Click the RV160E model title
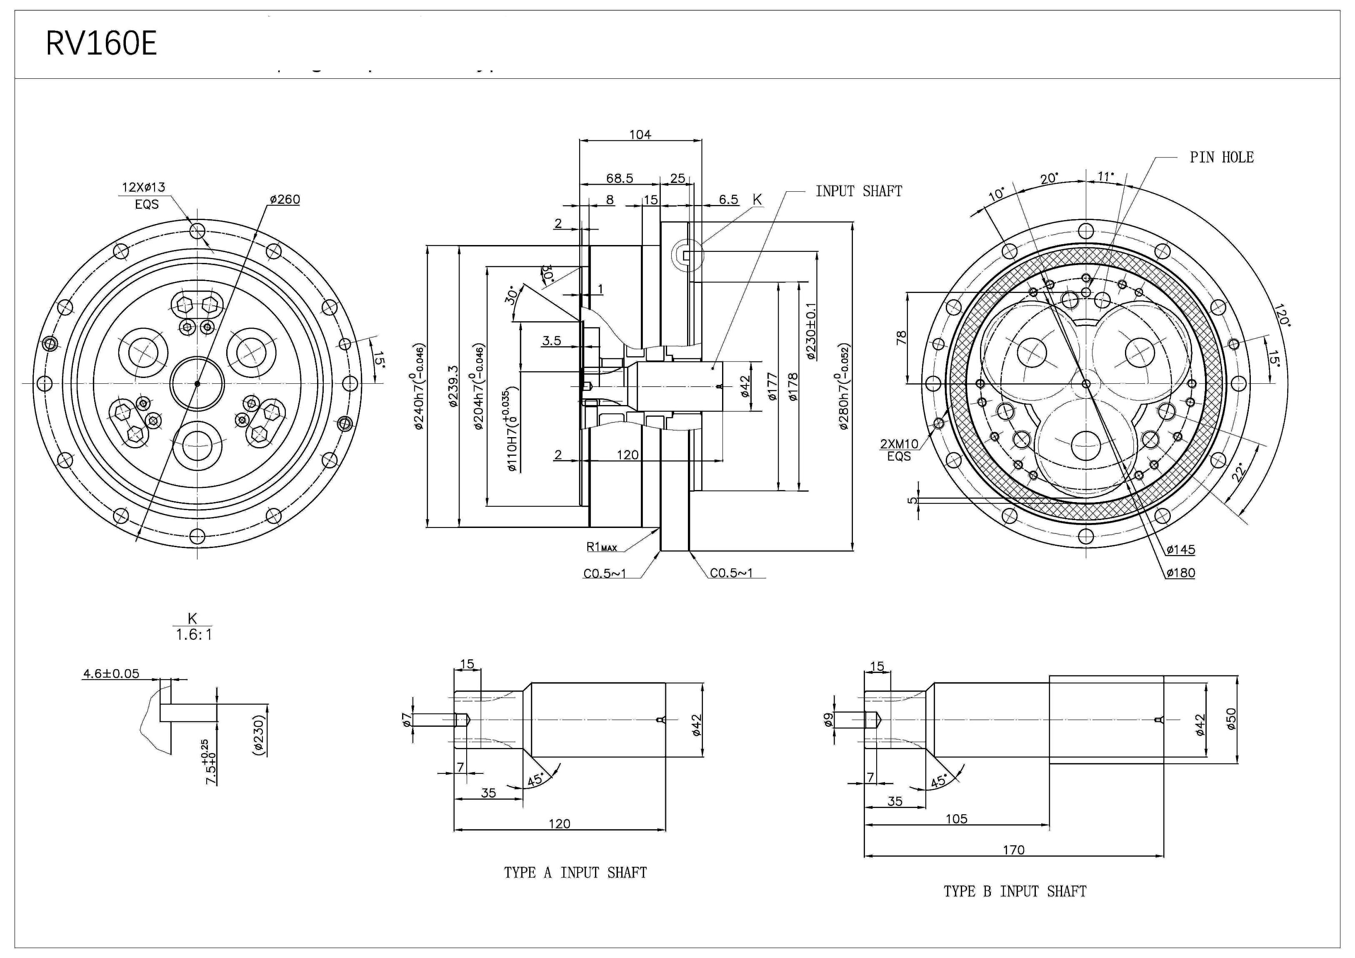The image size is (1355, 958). tap(102, 44)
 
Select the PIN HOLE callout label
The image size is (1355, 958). tap(1221, 158)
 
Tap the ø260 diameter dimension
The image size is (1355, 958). tap(285, 200)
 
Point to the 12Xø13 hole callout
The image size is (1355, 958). tap(143, 188)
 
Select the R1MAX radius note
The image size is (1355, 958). tap(601, 547)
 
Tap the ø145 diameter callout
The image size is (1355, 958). tap(1180, 550)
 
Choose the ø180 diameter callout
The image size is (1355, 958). tap(1180, 573)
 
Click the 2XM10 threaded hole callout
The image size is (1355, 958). tap(899, 444)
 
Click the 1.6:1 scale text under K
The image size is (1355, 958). tap(193, 635)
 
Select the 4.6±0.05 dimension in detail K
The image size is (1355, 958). tap(111, 673)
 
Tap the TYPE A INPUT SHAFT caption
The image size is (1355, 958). tap(575, 873)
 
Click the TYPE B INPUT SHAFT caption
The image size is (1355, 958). tap(1015, 891)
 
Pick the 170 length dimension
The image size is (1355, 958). tap(1013, 850)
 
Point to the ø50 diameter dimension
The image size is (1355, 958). tap(1231, 719)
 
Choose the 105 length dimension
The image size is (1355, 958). tap(956, 819)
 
